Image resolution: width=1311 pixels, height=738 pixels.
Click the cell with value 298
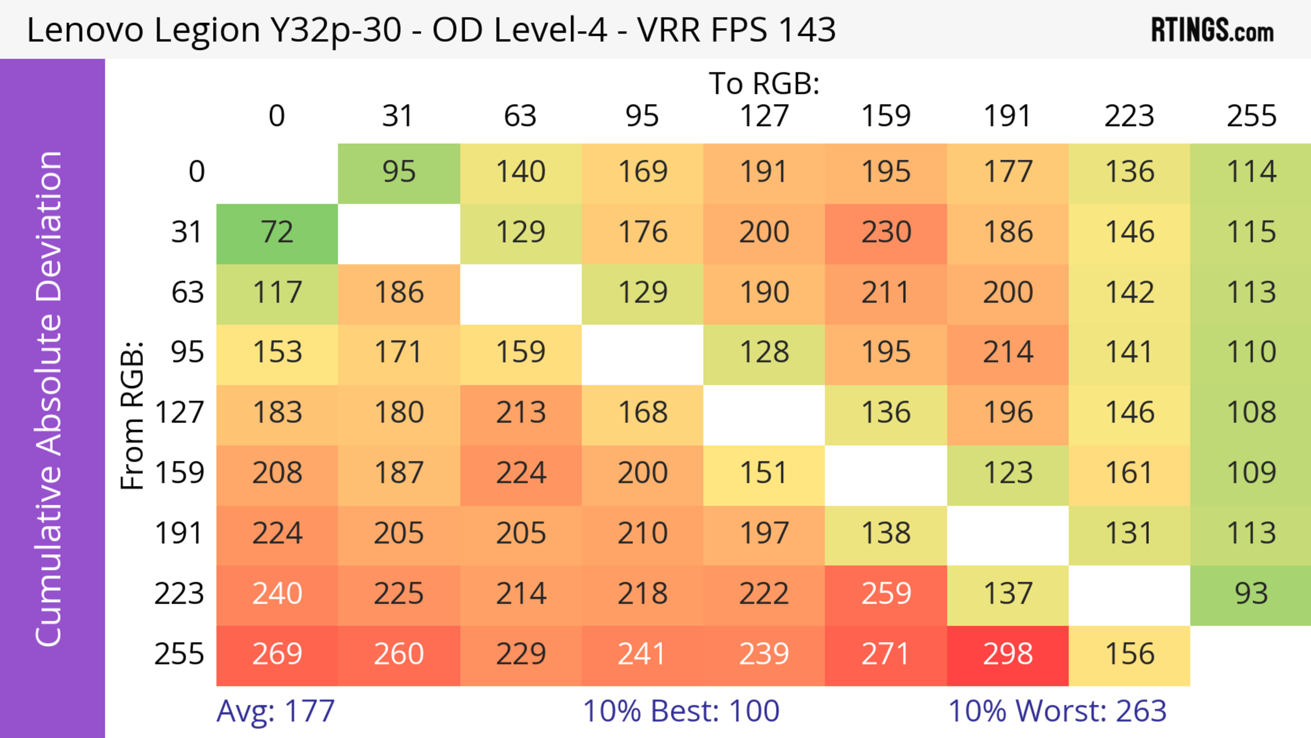point(1008,655)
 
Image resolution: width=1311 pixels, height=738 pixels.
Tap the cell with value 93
point(1251,595)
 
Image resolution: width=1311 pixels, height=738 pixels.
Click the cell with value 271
point(886,655)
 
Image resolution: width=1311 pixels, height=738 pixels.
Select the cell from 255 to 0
point(277,655)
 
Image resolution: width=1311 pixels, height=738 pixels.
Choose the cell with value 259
point(886,595)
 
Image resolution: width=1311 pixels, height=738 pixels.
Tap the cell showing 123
point(1008,474)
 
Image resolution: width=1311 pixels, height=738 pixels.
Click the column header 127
point(764,116)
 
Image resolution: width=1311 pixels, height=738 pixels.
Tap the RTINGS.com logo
point(1212,30)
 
